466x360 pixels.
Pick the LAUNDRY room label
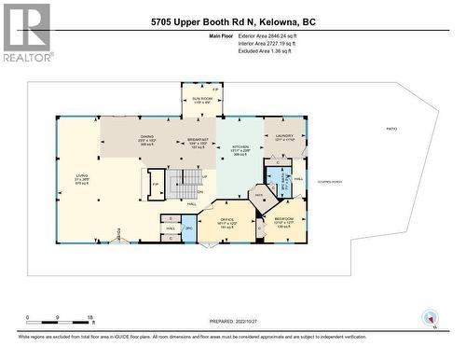pos(284,137)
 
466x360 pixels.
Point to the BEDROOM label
pos(284,220)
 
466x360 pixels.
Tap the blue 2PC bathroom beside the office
pos(189,228)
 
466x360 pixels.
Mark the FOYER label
pos(119,234)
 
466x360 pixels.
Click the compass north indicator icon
pos(429,318)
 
